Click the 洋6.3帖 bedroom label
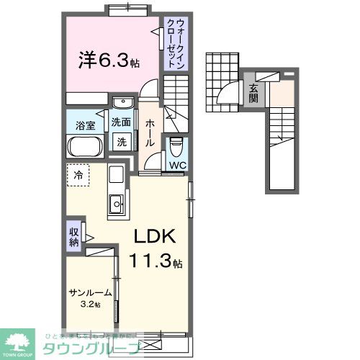click(x=108, y=60)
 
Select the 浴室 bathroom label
click(x=85, y=125)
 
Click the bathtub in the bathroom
click(x=86, y=146)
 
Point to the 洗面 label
click(x=121, y=122)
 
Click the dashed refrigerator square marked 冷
click(x=78, y=175)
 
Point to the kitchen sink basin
click(x=115, y=205)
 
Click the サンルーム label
click(x=91, y=292)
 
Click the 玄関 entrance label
click(x=253, y=94)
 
